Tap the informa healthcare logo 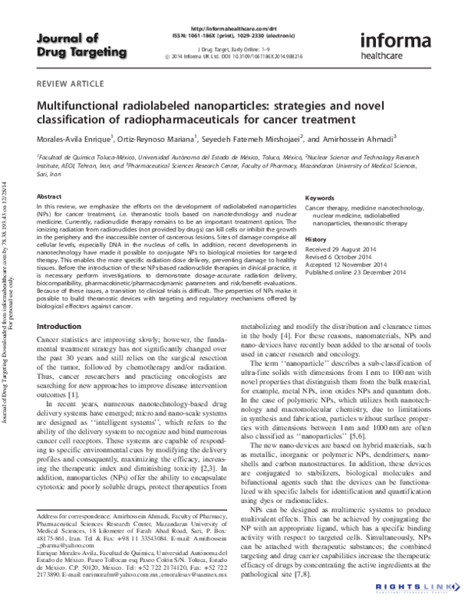click(x=397, y=44)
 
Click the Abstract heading click(x=49, y=198)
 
